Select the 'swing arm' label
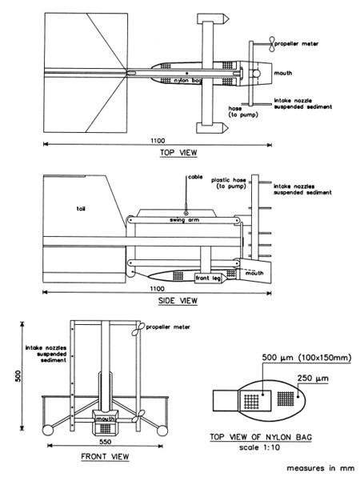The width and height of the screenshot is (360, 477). [x=183, y=218]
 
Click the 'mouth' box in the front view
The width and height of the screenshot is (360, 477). [x=106, y=418]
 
